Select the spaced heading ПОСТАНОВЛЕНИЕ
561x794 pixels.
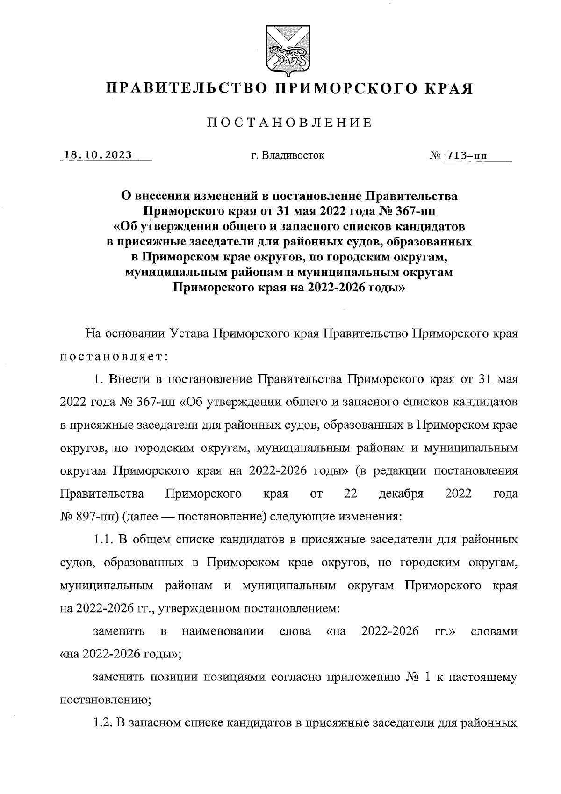290,123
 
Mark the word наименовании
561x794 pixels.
223,632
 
